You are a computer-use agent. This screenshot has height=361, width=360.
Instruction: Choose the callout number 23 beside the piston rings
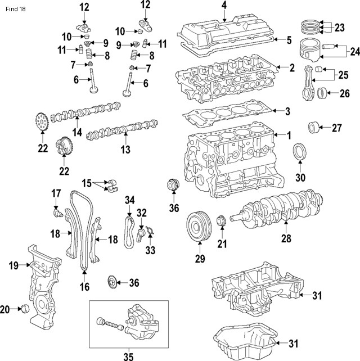(x=339, y=27)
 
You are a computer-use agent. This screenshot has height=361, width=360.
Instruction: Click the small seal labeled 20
(x=24, y=309)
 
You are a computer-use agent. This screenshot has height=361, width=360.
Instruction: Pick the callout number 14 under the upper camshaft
(x=76, y=133)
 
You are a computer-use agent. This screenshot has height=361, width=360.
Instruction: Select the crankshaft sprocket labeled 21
(x=221, y=220)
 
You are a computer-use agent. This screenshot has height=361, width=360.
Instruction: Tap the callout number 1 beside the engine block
(x=289, y=136)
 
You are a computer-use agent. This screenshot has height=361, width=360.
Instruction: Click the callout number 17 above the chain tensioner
(x=56, y=193)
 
